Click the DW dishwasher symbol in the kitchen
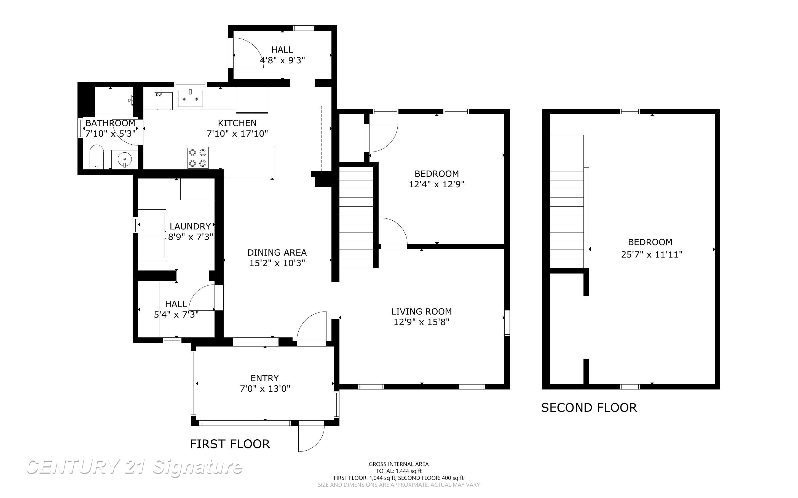(x=163, y=101)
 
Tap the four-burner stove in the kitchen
(x=197, y=158)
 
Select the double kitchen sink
(x=190, y=99)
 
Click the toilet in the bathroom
(x=97, y=157)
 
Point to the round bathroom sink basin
(x=124, y=159)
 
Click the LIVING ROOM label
(x=421, y=311)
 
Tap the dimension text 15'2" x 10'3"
(x=277, y=263)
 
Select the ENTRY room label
(x=264, y=378)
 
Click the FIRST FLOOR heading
(x=230, y=444)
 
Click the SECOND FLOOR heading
(x=589, y=408)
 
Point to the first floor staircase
(x=356, y=217)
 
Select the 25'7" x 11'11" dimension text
(x=651, y=255)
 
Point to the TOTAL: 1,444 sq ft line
(x=398, y=471)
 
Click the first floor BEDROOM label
(x=437, y=174)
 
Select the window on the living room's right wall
(x=507, y=323)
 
